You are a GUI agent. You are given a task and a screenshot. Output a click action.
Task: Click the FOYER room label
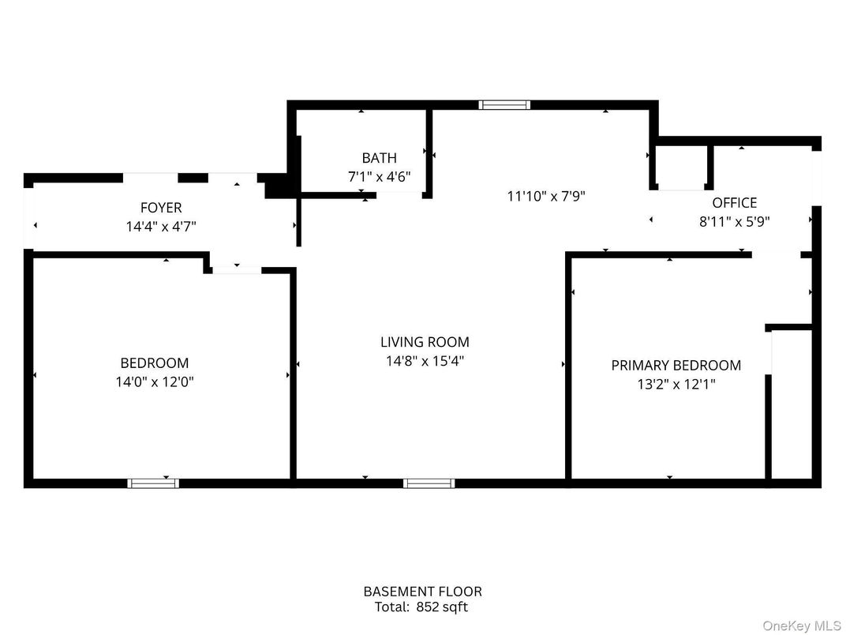(x=161, y=208)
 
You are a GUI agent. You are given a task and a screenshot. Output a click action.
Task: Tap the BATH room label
(x=379, y=158)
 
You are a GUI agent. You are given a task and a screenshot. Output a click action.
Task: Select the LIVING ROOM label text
(x=425, y=342)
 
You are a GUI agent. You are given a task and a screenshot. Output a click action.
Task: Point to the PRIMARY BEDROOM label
(x=676, y=365)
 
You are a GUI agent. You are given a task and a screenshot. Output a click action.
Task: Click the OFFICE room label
(x=734, y=203)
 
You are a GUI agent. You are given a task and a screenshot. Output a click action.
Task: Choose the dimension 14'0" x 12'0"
(x=154, y=382)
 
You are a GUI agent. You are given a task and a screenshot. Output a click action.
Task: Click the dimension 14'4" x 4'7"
(x=161, y=226)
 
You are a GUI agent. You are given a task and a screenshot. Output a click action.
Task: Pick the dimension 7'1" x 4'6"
(x=379, y=177)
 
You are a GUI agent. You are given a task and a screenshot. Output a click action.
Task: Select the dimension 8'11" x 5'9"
(x=734, y=222)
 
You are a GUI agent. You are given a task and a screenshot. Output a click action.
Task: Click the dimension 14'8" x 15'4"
(x=425, y=361)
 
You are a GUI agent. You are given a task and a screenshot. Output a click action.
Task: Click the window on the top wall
(x=504, y=104)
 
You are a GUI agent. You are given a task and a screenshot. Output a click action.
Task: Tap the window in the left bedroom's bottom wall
(x=153, y=483)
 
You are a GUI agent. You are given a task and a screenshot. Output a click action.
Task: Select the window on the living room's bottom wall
(x=429, y=483)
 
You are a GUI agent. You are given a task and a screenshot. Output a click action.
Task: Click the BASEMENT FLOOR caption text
(x=422, y=591)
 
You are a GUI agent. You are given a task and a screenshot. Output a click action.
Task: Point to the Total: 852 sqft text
(x=422, y=607)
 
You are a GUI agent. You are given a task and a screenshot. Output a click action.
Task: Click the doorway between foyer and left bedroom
(x=237, y=270)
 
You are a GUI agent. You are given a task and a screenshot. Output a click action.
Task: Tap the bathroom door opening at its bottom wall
(x=399, y=195)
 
